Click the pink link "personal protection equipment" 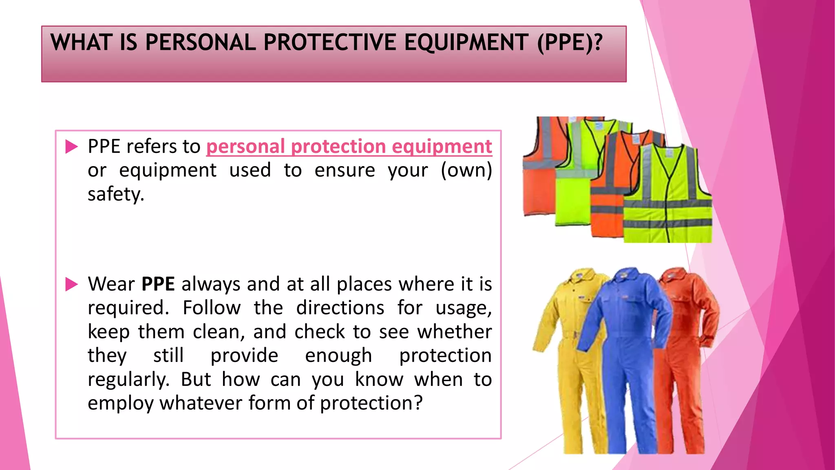[349, 146]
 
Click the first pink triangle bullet [71, 146]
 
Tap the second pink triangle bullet [71, 284]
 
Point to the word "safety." [116, 194]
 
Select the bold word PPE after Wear [158, 284]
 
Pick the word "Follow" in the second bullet [211, 308]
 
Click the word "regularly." [128, 380]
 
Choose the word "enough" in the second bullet [338, 356]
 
